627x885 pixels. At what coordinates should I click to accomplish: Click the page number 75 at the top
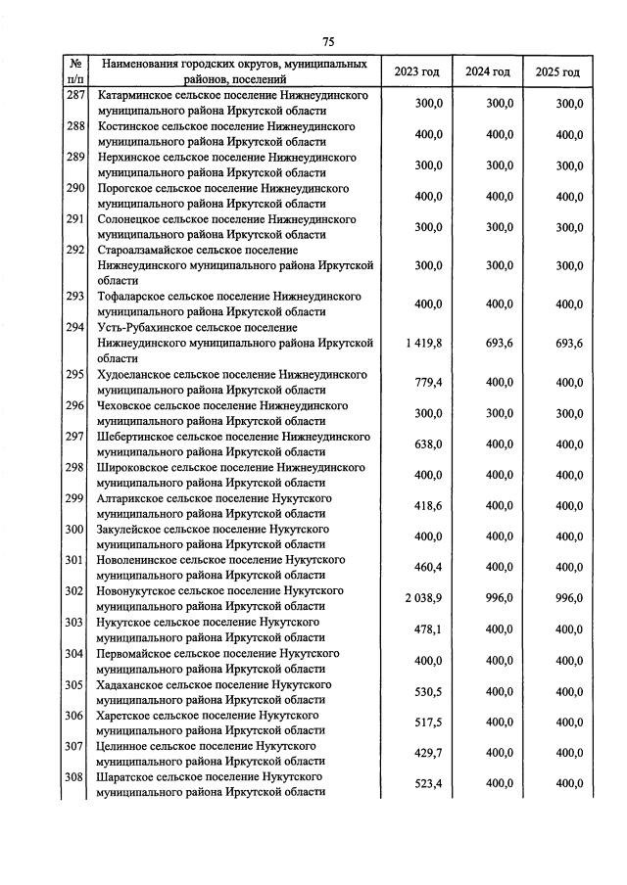click(x=328, y=40)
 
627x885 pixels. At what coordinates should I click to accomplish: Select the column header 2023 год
click(x=416, y=72)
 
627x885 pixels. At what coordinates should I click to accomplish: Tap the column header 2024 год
click(x=487, y=72)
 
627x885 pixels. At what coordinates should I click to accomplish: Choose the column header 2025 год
click(x=557, y=72)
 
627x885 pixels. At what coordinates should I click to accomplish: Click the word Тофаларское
click(x=132, y=296)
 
